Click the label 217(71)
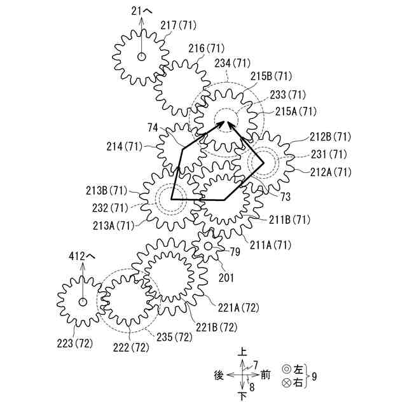coord(179,25)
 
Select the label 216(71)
coord(207,48)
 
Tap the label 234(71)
coord(232,63)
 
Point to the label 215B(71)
coord(270,76)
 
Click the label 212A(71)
coord(331,172)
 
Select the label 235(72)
coord(174,336)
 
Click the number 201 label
coord(226,277)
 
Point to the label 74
coord(152,128)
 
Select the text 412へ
coord(81,256)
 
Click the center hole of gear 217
coord(141,57)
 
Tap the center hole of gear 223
coord(82,301)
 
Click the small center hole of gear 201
coord(208,245)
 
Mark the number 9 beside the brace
coord(314,376)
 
